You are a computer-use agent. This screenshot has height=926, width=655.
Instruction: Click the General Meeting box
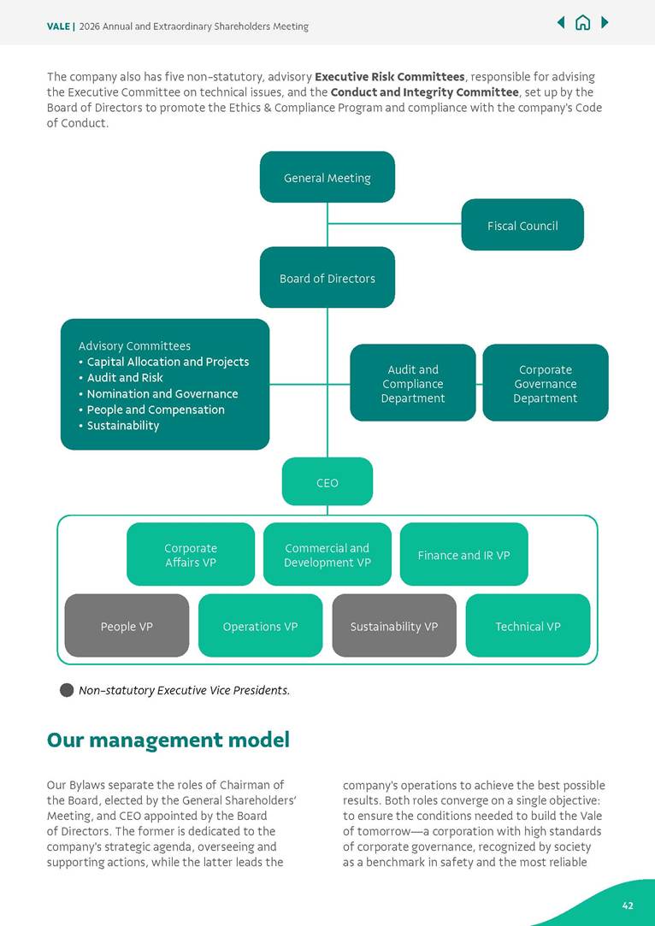point(327,177)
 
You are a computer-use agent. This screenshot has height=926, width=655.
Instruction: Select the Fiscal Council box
point(522,225)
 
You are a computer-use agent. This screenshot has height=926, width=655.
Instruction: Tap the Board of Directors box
point(327,278)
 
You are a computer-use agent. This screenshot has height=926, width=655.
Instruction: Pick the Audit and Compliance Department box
point(413,383)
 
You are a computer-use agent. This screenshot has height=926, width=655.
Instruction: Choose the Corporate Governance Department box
point(546,383)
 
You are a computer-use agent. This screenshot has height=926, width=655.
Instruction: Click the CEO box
point(327,482)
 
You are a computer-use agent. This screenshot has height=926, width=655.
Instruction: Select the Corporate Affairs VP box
point(191,554)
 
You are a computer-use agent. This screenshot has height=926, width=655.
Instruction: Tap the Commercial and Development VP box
point(327,554)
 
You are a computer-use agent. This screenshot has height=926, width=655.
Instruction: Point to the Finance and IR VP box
point(464,554)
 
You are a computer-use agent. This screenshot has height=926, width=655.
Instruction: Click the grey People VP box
point(127,626)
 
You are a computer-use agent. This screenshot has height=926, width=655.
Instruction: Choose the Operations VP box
point(261,626)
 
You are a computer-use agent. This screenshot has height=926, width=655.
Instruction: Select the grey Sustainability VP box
point(394,626)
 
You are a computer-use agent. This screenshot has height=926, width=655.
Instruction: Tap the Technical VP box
point(528,626)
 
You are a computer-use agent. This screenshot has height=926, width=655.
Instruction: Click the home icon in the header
point(582,23)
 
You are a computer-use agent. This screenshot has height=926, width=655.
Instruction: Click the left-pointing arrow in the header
point(561,23)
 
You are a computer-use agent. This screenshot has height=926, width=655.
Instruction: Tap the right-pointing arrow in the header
point(605,23)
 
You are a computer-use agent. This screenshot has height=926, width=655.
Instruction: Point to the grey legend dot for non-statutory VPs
point(67,690)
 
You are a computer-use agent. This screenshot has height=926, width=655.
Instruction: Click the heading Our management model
point(168,740)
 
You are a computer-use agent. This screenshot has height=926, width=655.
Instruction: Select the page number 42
point(628,905)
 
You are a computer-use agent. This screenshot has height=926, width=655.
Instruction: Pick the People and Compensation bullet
point(156,410)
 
